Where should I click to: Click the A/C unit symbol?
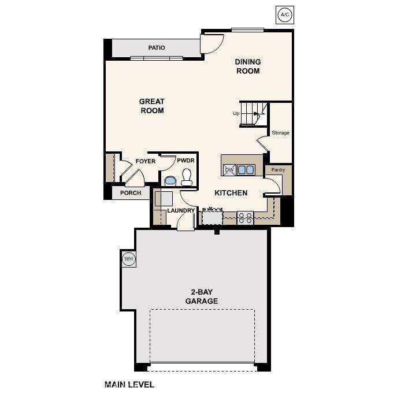pyautogui.click(x=284, y=14)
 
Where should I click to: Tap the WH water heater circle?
pyautogui.click(x=128, y=259)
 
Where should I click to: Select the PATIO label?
pyautogui.click(x=156, y=48)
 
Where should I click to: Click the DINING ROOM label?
pyautogui.click(x=247, y=66)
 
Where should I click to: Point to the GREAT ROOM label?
pyautogui.click(x=151, y=106)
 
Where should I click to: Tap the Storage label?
pyautogui.click(x=280, y=133)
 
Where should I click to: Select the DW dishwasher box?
pyautogui.click(x=229, y=169)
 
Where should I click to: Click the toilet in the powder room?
pyautogui.click(x=187, y=177)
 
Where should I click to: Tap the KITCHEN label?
pyautogui.click(x=231, y=193)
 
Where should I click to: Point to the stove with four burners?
pyautogui.click(x=246, y=217)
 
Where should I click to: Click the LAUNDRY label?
pyautogui.click(x=180, y=210)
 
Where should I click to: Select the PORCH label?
pyautogui.click(x=131, y=193)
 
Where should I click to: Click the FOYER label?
pyautogui.click(x=145, y=161)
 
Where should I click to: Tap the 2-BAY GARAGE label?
pyautogui.click(x=201, y=296)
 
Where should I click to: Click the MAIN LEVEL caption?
pyautogui.click(x=129, y=384)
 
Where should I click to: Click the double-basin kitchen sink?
pyautogui.click(x=246, y=169)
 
